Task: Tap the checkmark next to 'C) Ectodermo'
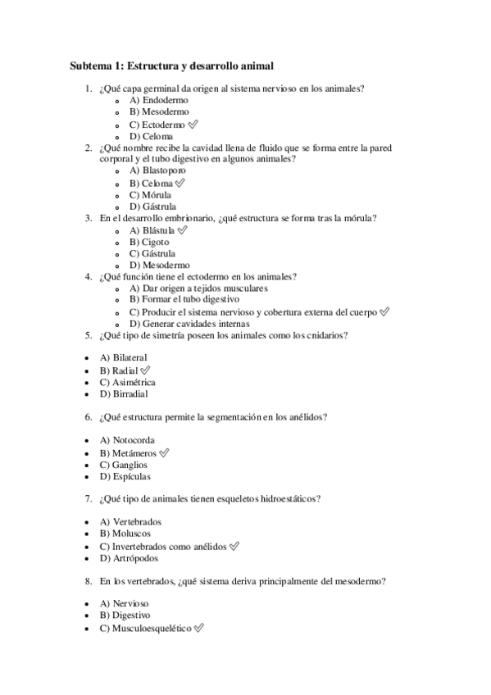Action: tap(193, 124)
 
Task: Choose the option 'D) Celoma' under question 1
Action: tap(151, 136)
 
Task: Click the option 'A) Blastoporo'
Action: tap(157, 170)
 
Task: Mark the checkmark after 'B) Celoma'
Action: tap(180, 183)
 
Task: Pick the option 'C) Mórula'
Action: tap(151, 195)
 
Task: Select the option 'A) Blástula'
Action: tap(152, 230)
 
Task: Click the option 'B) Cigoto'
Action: tap(149, 242)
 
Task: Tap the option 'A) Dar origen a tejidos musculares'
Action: tap(198, 288)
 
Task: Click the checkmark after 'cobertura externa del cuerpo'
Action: tap(385, 312)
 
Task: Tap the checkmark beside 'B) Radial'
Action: tap(146, 370)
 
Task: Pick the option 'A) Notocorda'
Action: tap(126, 440)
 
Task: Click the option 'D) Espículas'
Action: tap(125, 476)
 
